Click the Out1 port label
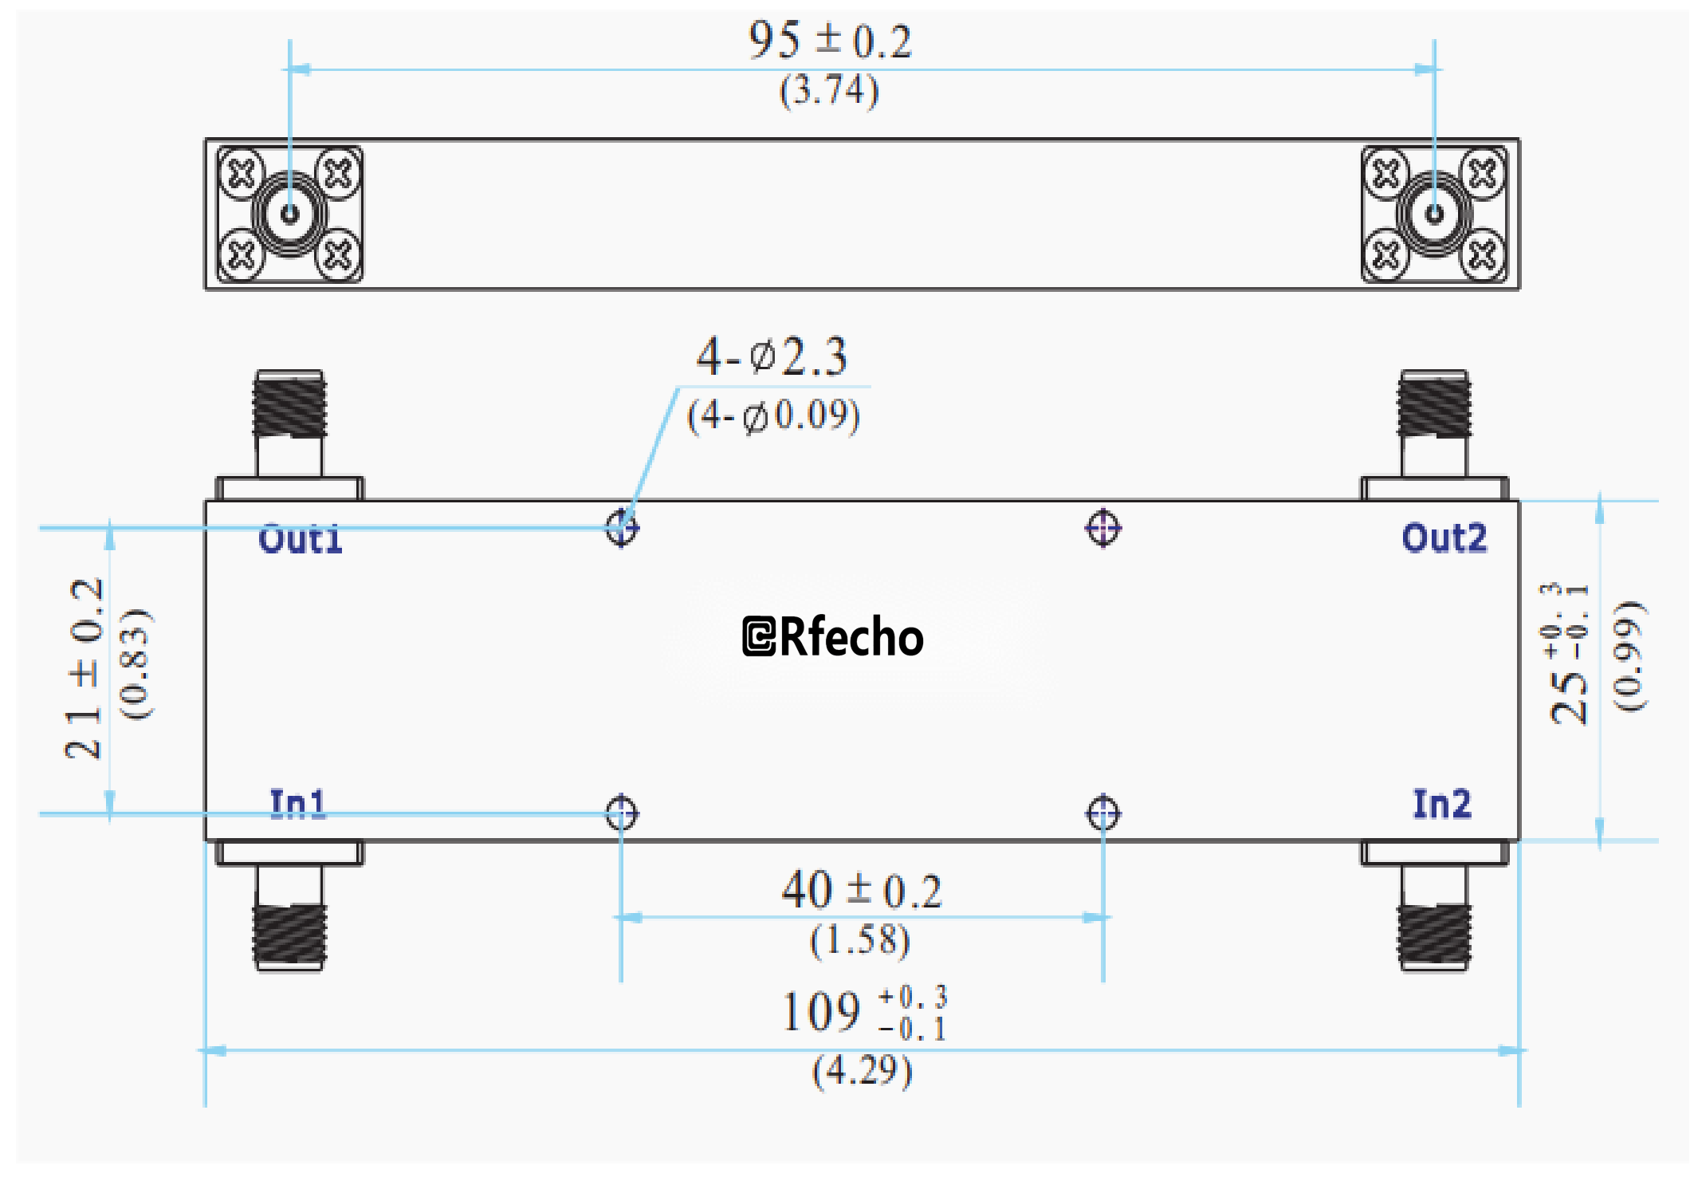[x=301, y=539]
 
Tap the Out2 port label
[x=1444, y=538]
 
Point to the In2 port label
[x=1441, y=804]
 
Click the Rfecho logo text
[x=833, y=636]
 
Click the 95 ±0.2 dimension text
[x=830, y=41]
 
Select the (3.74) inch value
[x=829, y=90]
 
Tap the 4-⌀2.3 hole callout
[x=772, y=356]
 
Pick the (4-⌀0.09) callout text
[x=773, y=415]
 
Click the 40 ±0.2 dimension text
[x=862, y=891]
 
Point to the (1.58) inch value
[x=860, y=940]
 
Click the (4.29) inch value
[x=862, y=1070]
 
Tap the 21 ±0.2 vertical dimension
[x=85, y=668]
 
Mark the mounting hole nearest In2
[x=1103, y=813]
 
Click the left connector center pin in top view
[x=289, y=214]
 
